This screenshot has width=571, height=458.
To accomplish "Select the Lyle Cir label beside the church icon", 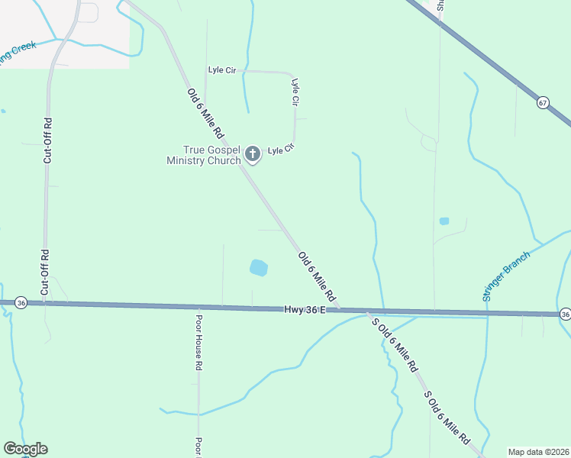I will point(280,150).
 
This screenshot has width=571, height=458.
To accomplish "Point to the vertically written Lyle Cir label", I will point(295,91).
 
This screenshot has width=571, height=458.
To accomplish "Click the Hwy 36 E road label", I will point(305,309).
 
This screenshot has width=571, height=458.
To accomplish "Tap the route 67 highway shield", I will point(543,102).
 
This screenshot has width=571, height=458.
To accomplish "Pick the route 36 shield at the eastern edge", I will point(564,314).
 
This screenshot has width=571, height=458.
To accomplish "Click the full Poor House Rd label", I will point(198,343).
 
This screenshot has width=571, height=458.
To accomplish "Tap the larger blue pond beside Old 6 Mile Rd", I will point(259,268).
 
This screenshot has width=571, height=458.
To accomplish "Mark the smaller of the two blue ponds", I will point(444,221).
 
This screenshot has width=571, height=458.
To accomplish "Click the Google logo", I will point(25,449).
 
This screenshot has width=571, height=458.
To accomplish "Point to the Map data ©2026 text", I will point(538,452).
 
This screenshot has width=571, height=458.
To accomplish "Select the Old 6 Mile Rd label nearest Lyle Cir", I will point(205,113).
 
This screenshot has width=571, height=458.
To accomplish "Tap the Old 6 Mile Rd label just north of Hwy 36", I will point(317,276).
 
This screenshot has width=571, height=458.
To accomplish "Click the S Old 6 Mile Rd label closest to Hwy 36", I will point(395,344).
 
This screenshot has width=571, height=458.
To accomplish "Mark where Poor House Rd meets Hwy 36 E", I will point(198,307).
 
